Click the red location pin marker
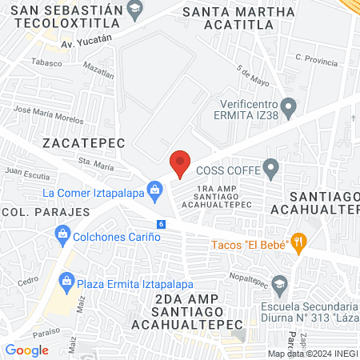pos(180,163)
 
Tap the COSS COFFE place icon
pos(271,169)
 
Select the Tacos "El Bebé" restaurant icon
pos(298,240)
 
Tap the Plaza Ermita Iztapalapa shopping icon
pos(66,281)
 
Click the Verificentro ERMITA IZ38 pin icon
pos(290,105)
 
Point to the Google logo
pos(26,350)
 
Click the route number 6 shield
pos(162,224)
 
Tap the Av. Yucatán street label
pos(86,39)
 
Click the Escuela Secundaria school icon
pos(279,283)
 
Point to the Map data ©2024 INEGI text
pos(312,354)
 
